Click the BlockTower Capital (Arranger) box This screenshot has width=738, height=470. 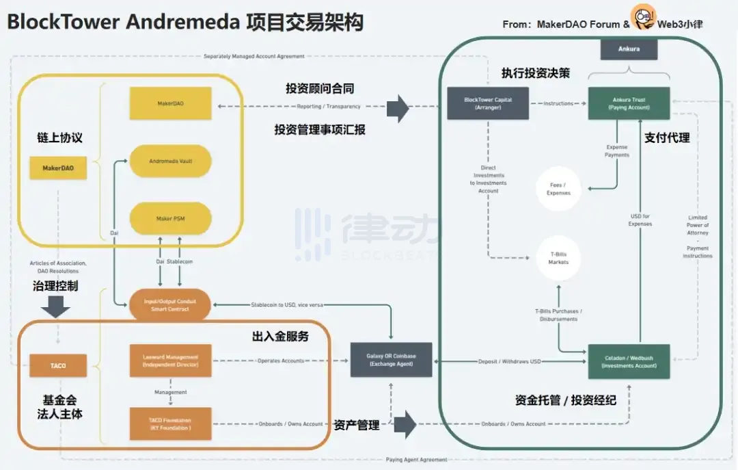488,103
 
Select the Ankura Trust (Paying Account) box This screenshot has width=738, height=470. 629,103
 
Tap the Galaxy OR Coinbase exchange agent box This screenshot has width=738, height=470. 391,360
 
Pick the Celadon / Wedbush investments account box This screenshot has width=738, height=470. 629,361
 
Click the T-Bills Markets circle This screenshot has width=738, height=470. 558,258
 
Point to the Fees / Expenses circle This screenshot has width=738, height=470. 558,189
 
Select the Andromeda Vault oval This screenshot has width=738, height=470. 170,161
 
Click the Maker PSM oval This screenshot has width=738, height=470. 170,218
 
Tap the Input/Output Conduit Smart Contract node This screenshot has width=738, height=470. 170,305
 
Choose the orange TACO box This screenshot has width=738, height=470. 58,366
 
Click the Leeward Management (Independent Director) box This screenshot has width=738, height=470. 170,361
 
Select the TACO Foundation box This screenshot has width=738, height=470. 170,423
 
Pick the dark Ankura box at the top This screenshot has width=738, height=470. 629,49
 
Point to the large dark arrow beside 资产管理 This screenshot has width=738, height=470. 405,424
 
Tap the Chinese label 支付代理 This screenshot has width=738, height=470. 667,138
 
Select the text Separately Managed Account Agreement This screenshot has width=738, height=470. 254,56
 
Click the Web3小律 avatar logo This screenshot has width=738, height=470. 643,17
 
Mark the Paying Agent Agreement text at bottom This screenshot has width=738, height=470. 416,460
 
